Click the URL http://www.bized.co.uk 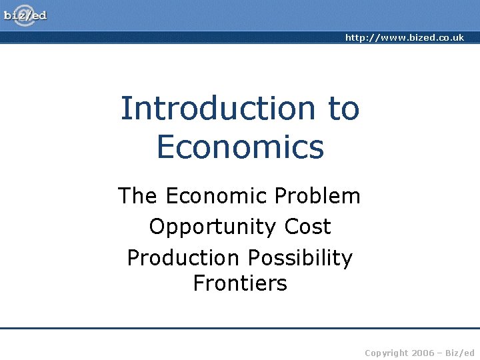click(404, 38)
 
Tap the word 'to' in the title click(343, 108)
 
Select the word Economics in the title click(240, 147)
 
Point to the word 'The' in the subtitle click(139, 196)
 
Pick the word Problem click(317, 196)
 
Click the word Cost click(307, 227)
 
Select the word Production click(183, 257)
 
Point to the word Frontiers click(240, 283)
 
